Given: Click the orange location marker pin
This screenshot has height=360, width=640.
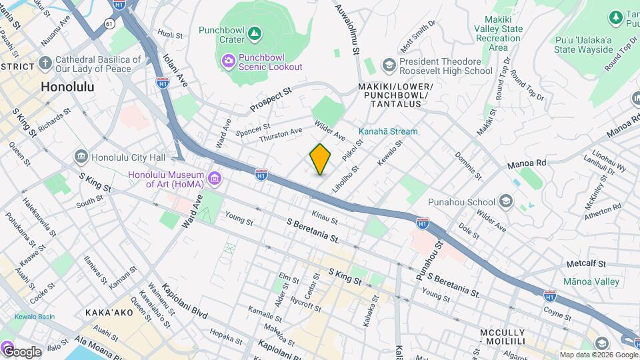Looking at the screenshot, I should (x=321, y=159).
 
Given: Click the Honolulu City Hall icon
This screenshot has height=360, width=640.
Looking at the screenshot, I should (x=81, y=157).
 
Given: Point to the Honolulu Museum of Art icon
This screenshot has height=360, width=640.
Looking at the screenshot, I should (x=214, y=178).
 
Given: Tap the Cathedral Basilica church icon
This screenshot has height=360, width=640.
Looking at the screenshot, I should (x=45, y=64).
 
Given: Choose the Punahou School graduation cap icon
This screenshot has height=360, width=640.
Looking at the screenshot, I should (x=506, y=202).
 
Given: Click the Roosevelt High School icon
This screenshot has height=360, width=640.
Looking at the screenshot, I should (x=389, y=65).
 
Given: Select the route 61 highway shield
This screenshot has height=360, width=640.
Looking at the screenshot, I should (x=109, y=23).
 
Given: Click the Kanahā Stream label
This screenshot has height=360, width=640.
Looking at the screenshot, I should (x=389, y=131).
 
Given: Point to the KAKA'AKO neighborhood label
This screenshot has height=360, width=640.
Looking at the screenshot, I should (x=107, y=312).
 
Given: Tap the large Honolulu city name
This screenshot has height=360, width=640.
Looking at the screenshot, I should (x=67, y=87).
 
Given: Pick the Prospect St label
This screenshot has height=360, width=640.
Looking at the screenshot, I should (x=271, y=99).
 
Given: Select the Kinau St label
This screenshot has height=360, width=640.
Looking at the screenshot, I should (x=325, y=217).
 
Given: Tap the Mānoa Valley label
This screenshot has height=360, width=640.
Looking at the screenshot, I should (x=591, y=281).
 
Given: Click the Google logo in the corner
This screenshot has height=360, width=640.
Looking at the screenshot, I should (x=21, y=351).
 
